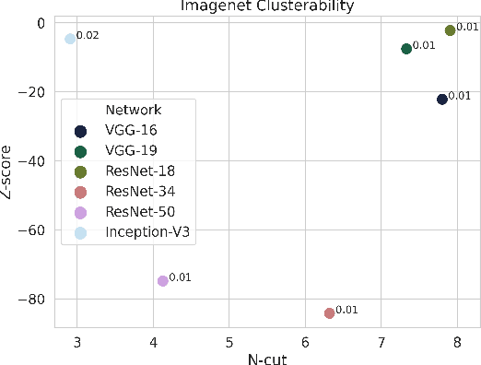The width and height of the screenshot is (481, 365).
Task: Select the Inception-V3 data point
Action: pyautogui.click(x=70, y=39)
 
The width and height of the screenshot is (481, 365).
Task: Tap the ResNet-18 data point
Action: pyautogui.click(x=450, y=30)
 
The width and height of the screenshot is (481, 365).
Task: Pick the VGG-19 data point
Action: pyautogui.click(x=406, y=49)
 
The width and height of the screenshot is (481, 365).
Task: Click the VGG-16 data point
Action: pyautogui.click(x=442, y=99)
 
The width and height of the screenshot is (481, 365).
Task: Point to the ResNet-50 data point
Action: pyautogui.click(x=163, y=280)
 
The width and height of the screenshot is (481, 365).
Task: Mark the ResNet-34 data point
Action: pyautogui.click(x=329, y=313)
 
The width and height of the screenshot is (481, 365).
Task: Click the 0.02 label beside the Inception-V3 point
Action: pyautogui.click(x=88, y=36)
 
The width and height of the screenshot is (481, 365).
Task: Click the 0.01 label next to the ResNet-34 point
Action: pyautogui.click(x=346, y=310)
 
